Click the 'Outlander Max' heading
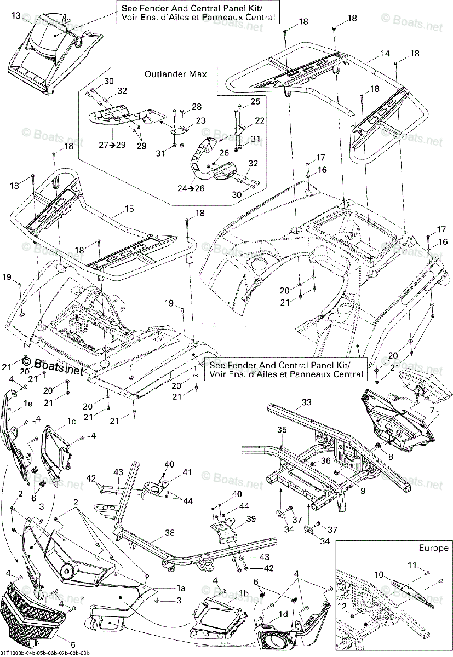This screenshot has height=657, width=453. tap(175, 74)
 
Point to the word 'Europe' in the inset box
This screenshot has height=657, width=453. tap(433, 547)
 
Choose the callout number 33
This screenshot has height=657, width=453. tap(307, 403)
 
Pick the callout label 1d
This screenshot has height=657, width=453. tap(283, 614)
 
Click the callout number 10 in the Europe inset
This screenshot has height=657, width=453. tap(379, 574)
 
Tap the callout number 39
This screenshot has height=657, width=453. tap(251, 518)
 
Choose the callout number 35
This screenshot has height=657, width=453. tap(281, 429)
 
